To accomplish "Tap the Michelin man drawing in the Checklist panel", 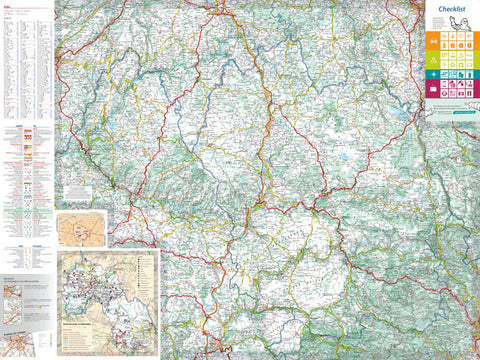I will [462, 23].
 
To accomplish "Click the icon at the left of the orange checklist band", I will [433, 40].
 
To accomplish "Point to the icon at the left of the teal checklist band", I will [433, 74].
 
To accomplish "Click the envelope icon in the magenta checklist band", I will [433, 91].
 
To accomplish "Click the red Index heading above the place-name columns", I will [6, 7].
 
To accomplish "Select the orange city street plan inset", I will [80, 228].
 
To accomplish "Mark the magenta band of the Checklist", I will [451, 91].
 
